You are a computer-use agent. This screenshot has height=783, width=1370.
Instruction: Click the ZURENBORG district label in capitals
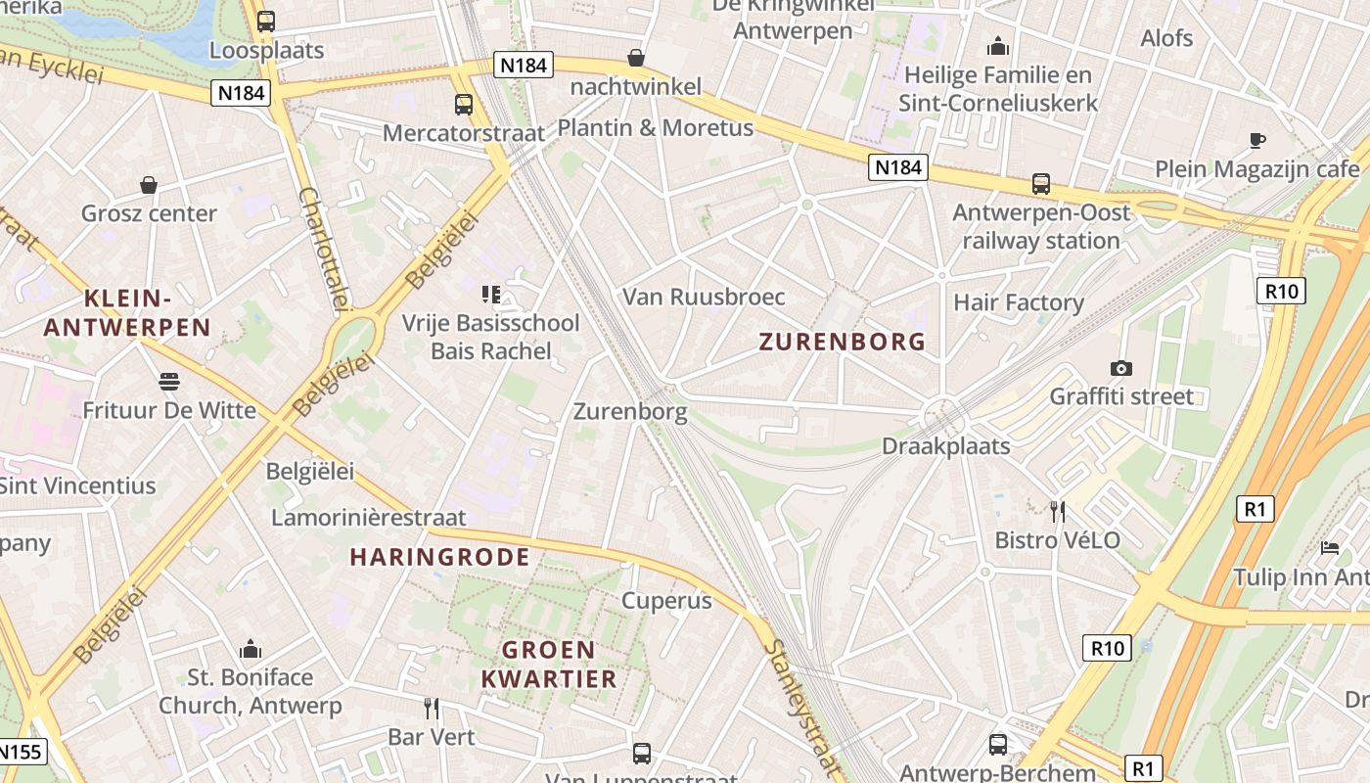pos(843,342)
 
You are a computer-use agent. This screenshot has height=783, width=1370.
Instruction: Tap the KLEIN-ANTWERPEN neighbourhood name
pos(127,313)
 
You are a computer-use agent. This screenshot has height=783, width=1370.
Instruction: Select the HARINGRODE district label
pos(440,558)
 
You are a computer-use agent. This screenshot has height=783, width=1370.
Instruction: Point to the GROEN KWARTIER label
pos(548,665)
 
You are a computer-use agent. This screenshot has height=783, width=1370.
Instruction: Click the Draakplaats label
pos(946,446)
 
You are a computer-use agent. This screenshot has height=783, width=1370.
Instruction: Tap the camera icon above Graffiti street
pos(1121,368)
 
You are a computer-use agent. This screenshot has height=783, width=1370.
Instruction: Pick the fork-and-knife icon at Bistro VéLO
pos(1057,511)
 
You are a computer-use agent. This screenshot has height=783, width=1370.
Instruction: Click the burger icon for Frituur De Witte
pos(169,381)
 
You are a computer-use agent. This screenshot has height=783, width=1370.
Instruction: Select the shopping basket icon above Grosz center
pos(149,184)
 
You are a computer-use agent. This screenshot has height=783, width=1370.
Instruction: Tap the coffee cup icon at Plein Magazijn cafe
pos(1257,140)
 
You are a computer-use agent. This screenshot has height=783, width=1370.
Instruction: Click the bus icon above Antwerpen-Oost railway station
pos(1041,183)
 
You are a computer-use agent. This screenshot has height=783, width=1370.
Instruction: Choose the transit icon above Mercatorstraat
pos(464,104)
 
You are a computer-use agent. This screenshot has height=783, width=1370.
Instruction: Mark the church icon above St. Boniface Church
pos(251,648)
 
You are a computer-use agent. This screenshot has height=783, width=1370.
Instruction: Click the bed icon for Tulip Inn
pos(1329,547)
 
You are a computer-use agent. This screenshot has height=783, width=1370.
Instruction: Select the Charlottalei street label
pos(322,249)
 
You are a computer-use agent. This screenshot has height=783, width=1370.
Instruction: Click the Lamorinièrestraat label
pos(369,518)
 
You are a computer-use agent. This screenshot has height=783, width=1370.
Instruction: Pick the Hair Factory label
pos(1019,302)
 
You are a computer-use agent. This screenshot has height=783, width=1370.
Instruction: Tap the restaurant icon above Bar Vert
pos(432,708)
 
